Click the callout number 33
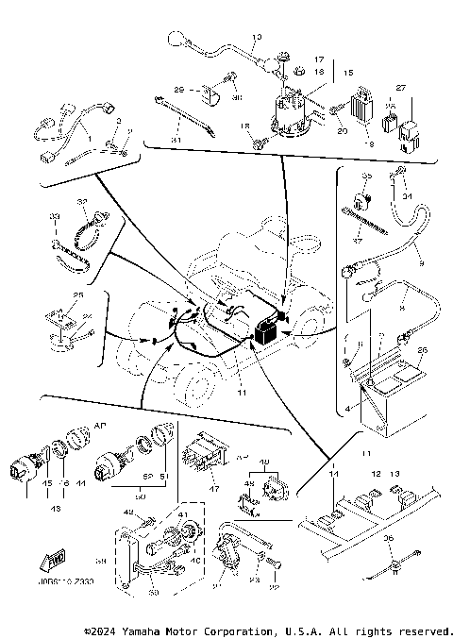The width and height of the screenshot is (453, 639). [56, 218]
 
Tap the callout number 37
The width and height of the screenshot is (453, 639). [358, 240]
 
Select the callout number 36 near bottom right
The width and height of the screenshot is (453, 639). [388, 539]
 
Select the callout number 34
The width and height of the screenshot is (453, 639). [408, 196]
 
